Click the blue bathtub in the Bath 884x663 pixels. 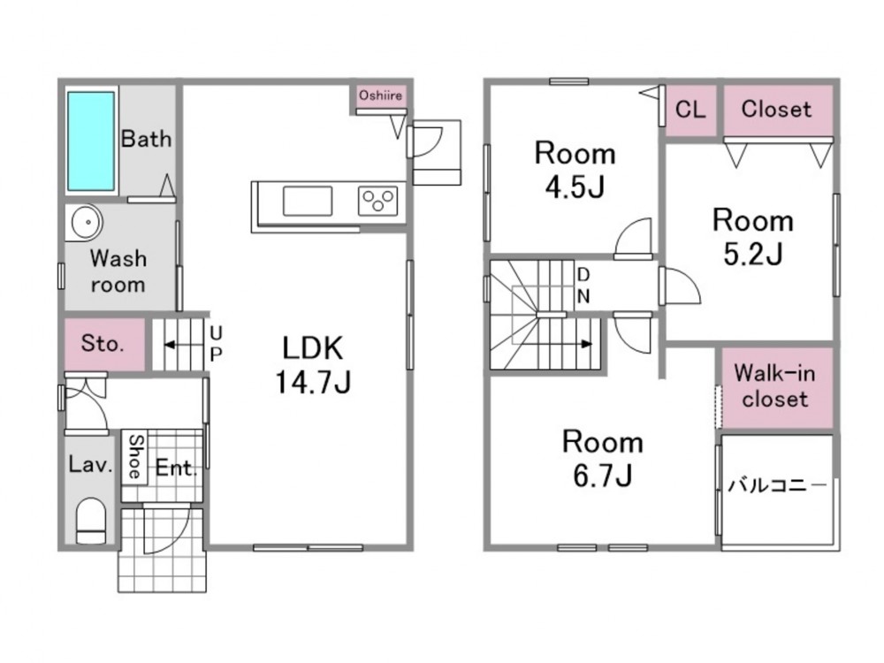coord(91,141)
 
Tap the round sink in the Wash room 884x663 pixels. coord(85,222)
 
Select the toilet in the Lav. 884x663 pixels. coord(90,519)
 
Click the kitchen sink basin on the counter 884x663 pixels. coord(308,202)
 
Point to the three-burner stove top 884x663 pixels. coord(377,202)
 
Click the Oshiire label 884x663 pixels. coord(380,95)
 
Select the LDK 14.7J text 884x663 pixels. coord(313,365)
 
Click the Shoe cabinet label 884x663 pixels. coord(135,456)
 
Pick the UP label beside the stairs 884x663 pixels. coord(216,344)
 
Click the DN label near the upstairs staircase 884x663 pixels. coord(583,285)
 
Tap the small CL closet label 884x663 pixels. coord(690,109)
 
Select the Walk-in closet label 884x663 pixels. coord(774,385)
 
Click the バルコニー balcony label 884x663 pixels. coord(777,484)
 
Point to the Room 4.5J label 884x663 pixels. coord(575,171)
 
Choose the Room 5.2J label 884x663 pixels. coord(752,236)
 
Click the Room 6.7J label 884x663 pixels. coord(602,458)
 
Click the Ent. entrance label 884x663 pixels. coord(177,468)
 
